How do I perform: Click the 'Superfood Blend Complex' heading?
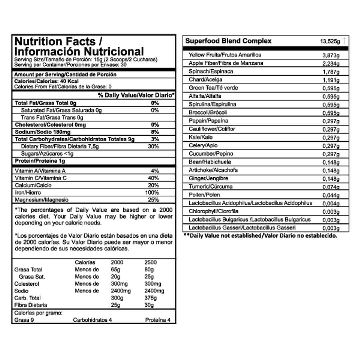(228, 41)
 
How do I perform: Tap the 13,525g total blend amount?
(330, 41)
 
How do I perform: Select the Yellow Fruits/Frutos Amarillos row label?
(225, 55)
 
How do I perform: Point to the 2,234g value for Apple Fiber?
(331, 64)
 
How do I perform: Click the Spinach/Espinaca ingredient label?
(211, 71)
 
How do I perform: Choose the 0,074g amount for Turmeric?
(331, 187)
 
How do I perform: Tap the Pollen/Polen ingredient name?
(204, 195)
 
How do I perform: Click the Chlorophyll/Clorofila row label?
(214, 211)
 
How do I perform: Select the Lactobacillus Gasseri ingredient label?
(243, 228)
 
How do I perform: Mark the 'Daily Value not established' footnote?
(260, 236)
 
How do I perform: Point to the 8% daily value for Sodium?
(155, 132)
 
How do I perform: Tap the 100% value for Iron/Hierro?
(152, 193)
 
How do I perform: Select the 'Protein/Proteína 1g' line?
(40, 161)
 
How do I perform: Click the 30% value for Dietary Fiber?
(153, 146)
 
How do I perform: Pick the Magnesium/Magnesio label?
(42, 200)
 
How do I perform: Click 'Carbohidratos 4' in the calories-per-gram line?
(92, 320)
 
